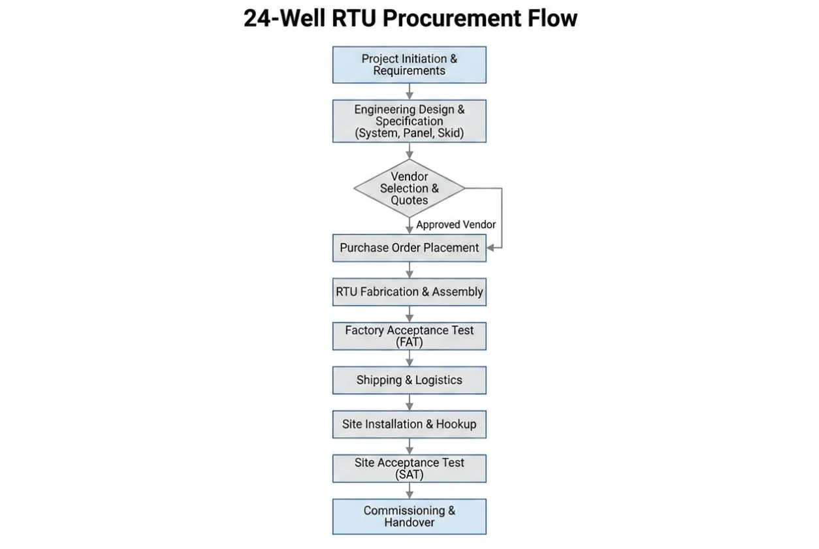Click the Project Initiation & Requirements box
409,65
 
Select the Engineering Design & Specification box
409,121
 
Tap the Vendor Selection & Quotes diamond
409,188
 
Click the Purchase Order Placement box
409,248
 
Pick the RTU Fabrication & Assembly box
409,292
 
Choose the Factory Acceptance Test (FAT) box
409,336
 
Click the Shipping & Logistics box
409,380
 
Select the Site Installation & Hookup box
409,424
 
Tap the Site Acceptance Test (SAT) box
409,469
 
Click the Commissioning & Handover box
409,516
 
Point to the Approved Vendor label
456,225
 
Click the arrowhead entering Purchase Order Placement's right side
490,248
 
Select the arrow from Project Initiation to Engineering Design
409,91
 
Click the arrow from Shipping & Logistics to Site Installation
409,402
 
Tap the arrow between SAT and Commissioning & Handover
409,490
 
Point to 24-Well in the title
285,18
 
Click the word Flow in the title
553,18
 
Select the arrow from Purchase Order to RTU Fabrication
409,270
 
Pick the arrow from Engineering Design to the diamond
409,151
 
